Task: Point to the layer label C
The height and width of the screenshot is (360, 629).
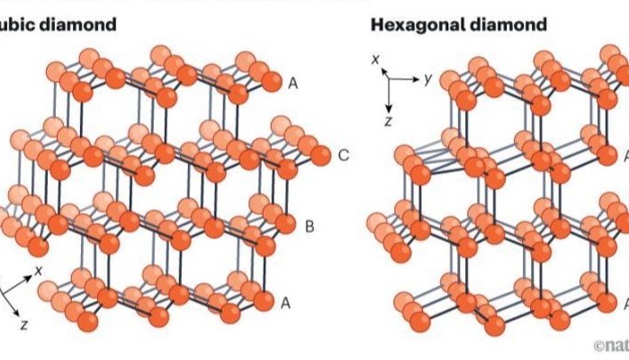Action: tap(344, 156)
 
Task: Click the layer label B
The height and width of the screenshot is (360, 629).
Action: tap(310, 226)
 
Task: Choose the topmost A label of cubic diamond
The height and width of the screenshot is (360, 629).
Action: tap(292, 83)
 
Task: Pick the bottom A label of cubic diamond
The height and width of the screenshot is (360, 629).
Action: tap(286, 302)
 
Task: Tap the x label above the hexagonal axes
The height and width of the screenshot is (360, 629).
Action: tap(378, 60)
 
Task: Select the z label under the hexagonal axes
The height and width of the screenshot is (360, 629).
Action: tap(387, 119)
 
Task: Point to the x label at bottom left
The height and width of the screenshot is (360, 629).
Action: tap(40, 269)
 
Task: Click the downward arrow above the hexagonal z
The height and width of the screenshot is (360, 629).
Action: tap(388, 94)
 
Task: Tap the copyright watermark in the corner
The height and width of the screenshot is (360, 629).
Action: tap(611, 345)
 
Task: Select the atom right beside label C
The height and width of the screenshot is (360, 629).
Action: tap(319, 156)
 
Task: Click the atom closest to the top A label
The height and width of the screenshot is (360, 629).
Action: tap(270, 84)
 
